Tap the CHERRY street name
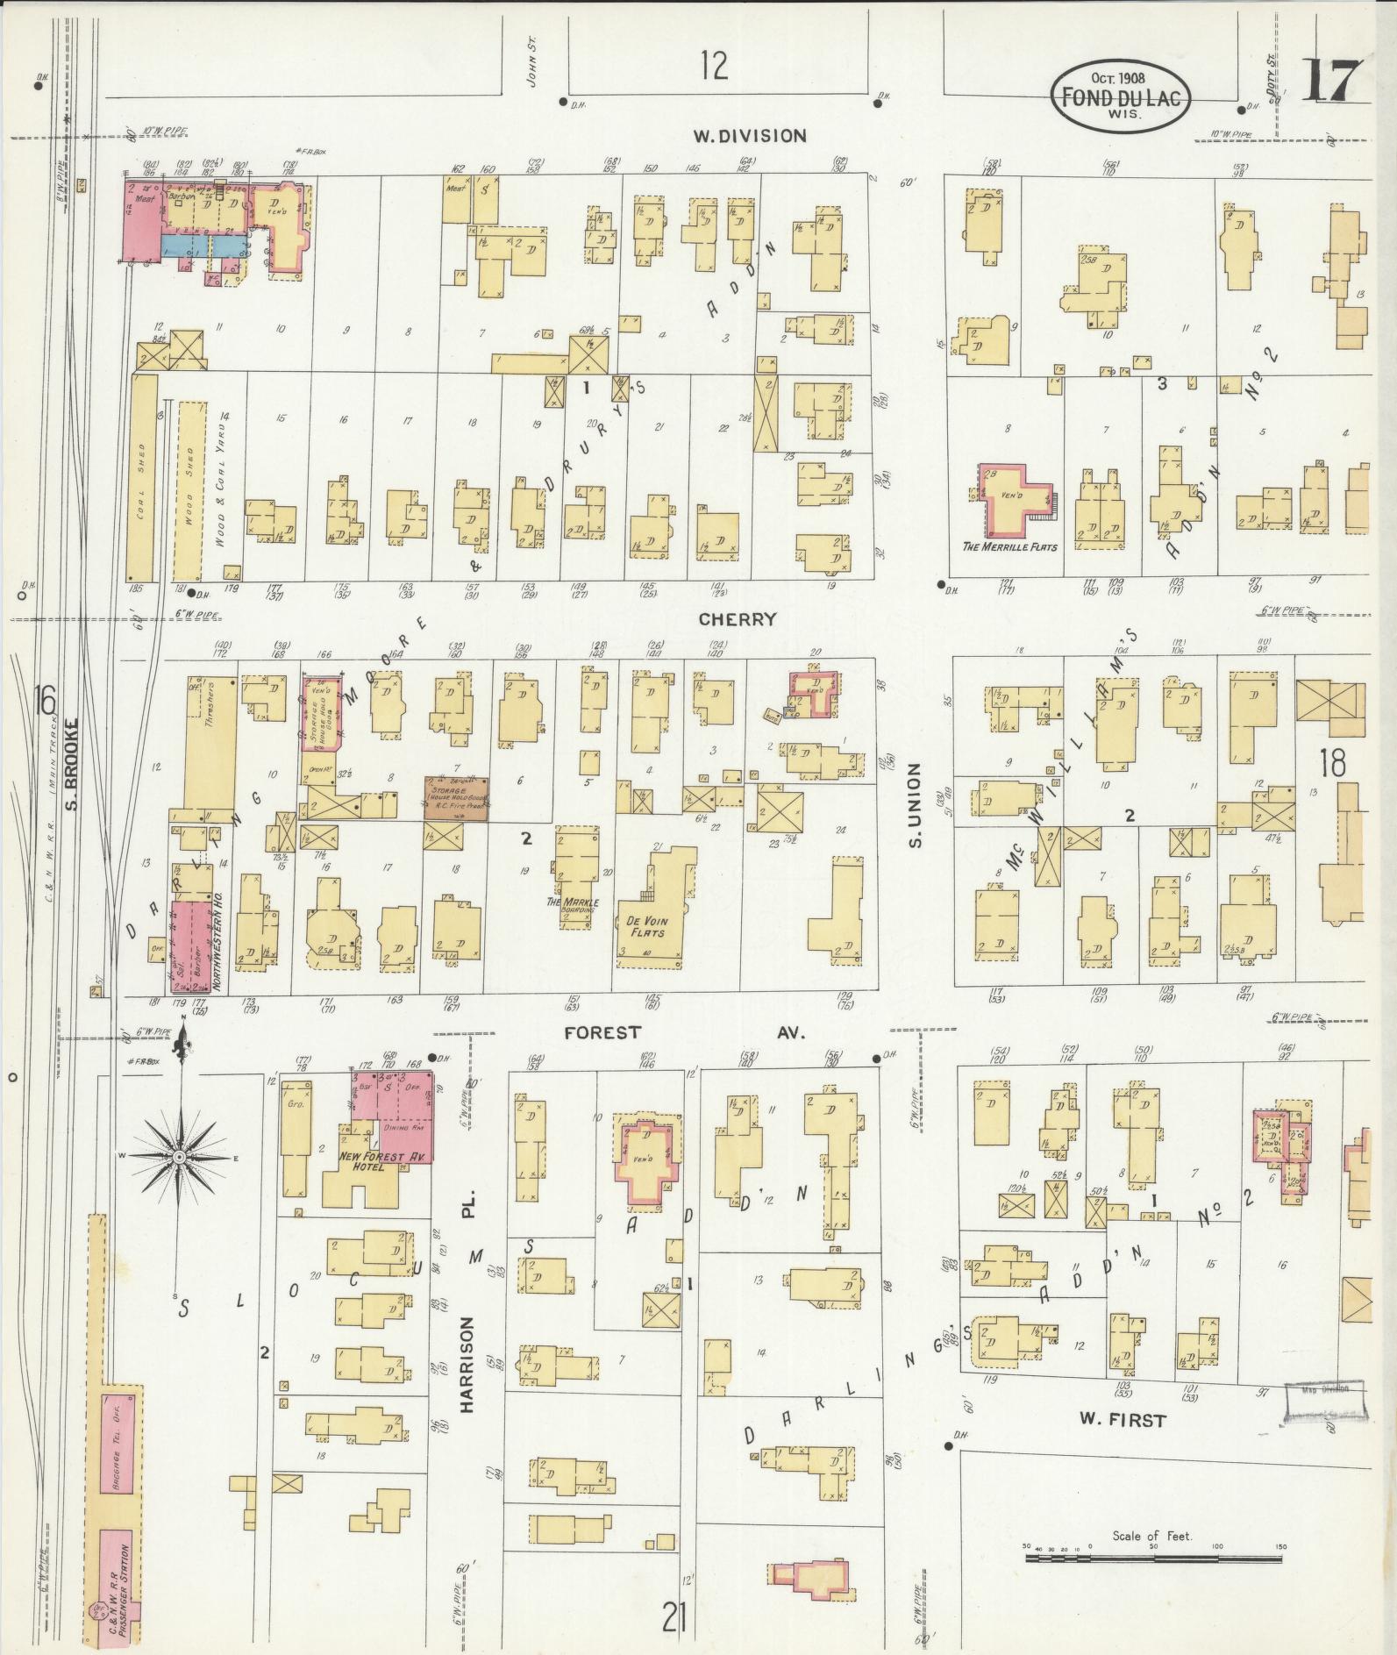pyautogui.click(x=738, y=619)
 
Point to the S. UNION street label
pyautogui.click(x=915, y=805)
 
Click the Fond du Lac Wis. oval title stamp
pyautogui.click(x=1120, y=96)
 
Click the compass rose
pyautogui.click(x=179, y=1157)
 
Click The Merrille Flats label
pyautogui.click(x=1010, y=546)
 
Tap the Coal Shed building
pyautogui.click(x=143, y=478)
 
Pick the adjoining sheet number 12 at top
pyautogui.click(x=714, y=66)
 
